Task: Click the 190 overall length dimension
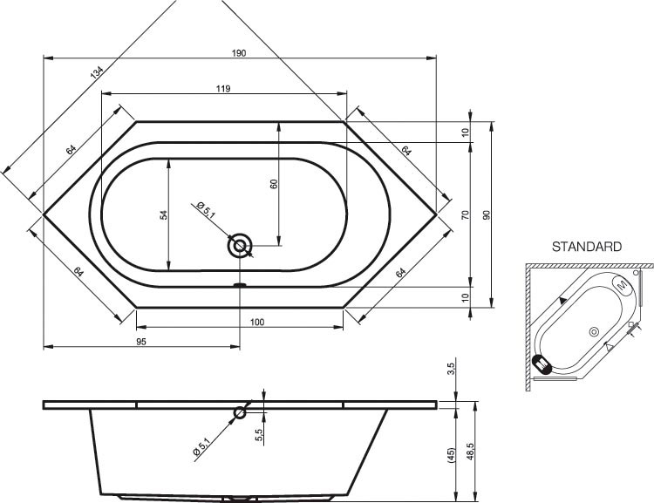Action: click(239, 53)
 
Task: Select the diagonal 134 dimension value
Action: click(96, 73)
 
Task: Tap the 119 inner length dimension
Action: click(223, 88)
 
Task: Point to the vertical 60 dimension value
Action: click(274, 184)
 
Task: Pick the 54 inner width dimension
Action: click(164, 215)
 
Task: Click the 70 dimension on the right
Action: click(466, 215)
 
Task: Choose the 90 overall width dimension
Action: click(487, 215)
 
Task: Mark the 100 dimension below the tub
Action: click(257, 322)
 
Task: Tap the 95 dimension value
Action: click(141, 342)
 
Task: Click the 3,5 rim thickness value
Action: click(452, 368)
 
